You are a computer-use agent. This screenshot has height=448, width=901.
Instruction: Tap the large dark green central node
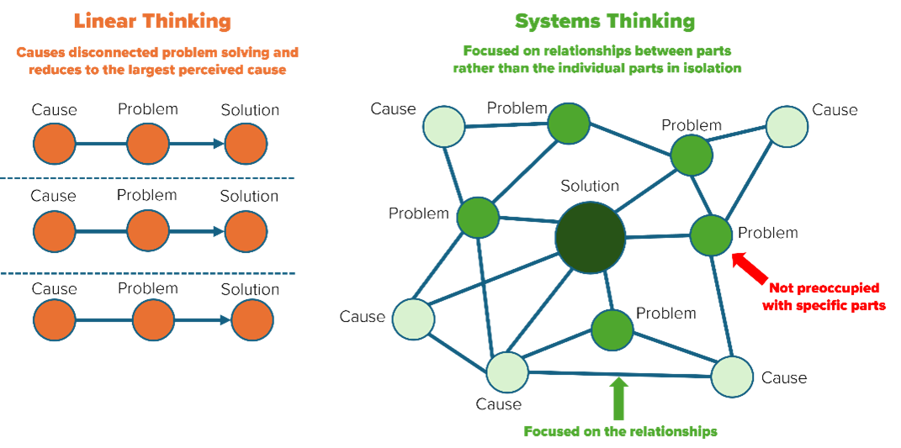[x=591, y=237]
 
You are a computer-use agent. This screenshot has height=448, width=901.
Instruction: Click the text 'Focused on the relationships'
[x=620, y=431]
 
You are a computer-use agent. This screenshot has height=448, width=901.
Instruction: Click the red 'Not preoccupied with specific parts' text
[x=824, y=298]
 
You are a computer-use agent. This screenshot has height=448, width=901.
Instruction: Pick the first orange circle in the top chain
[x=55, y=144]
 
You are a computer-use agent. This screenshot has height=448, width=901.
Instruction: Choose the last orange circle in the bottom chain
[x=252, y=320]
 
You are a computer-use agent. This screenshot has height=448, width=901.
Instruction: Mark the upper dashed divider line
[x=147, y=178]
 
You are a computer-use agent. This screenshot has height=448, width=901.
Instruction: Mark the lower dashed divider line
[x=147, y=273]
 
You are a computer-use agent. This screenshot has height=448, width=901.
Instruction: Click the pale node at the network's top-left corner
[x=443, y=127]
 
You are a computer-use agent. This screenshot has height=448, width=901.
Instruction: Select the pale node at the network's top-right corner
[x=787, y=126]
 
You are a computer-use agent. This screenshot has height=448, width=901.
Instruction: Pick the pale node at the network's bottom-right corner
[x=732, y=377]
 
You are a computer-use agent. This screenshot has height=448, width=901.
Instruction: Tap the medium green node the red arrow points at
[x=711, y=235]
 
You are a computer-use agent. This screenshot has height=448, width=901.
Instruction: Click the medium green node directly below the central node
[x=612, y=330]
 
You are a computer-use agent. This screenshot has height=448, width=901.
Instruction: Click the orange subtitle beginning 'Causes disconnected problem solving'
[x=156, y=61]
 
